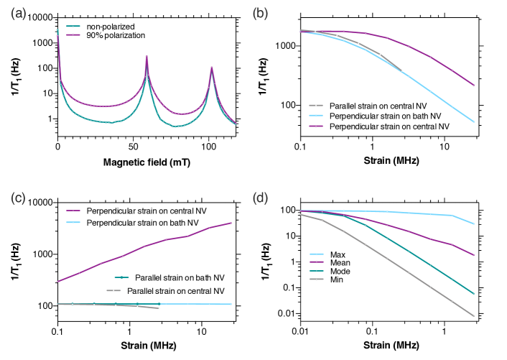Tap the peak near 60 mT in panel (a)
[x=147, y=57]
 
